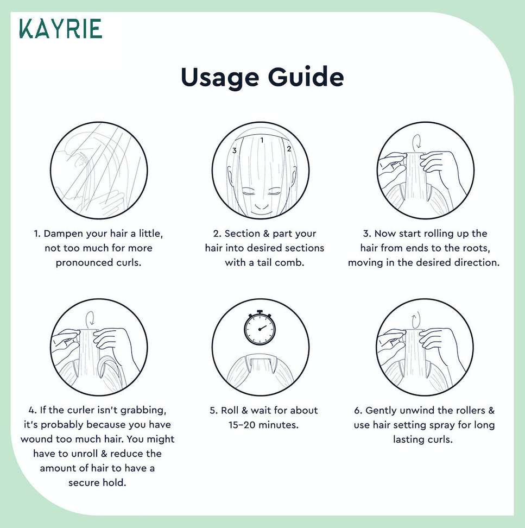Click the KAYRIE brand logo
point(61,28)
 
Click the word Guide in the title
point(306,77)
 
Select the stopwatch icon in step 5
point(260,328)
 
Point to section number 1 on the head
point(262,140)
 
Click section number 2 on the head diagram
point(289,148)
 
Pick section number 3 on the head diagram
point(235,150)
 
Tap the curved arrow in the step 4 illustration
point(90,318)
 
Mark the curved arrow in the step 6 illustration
point(416,319)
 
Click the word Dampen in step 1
point(64,234)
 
